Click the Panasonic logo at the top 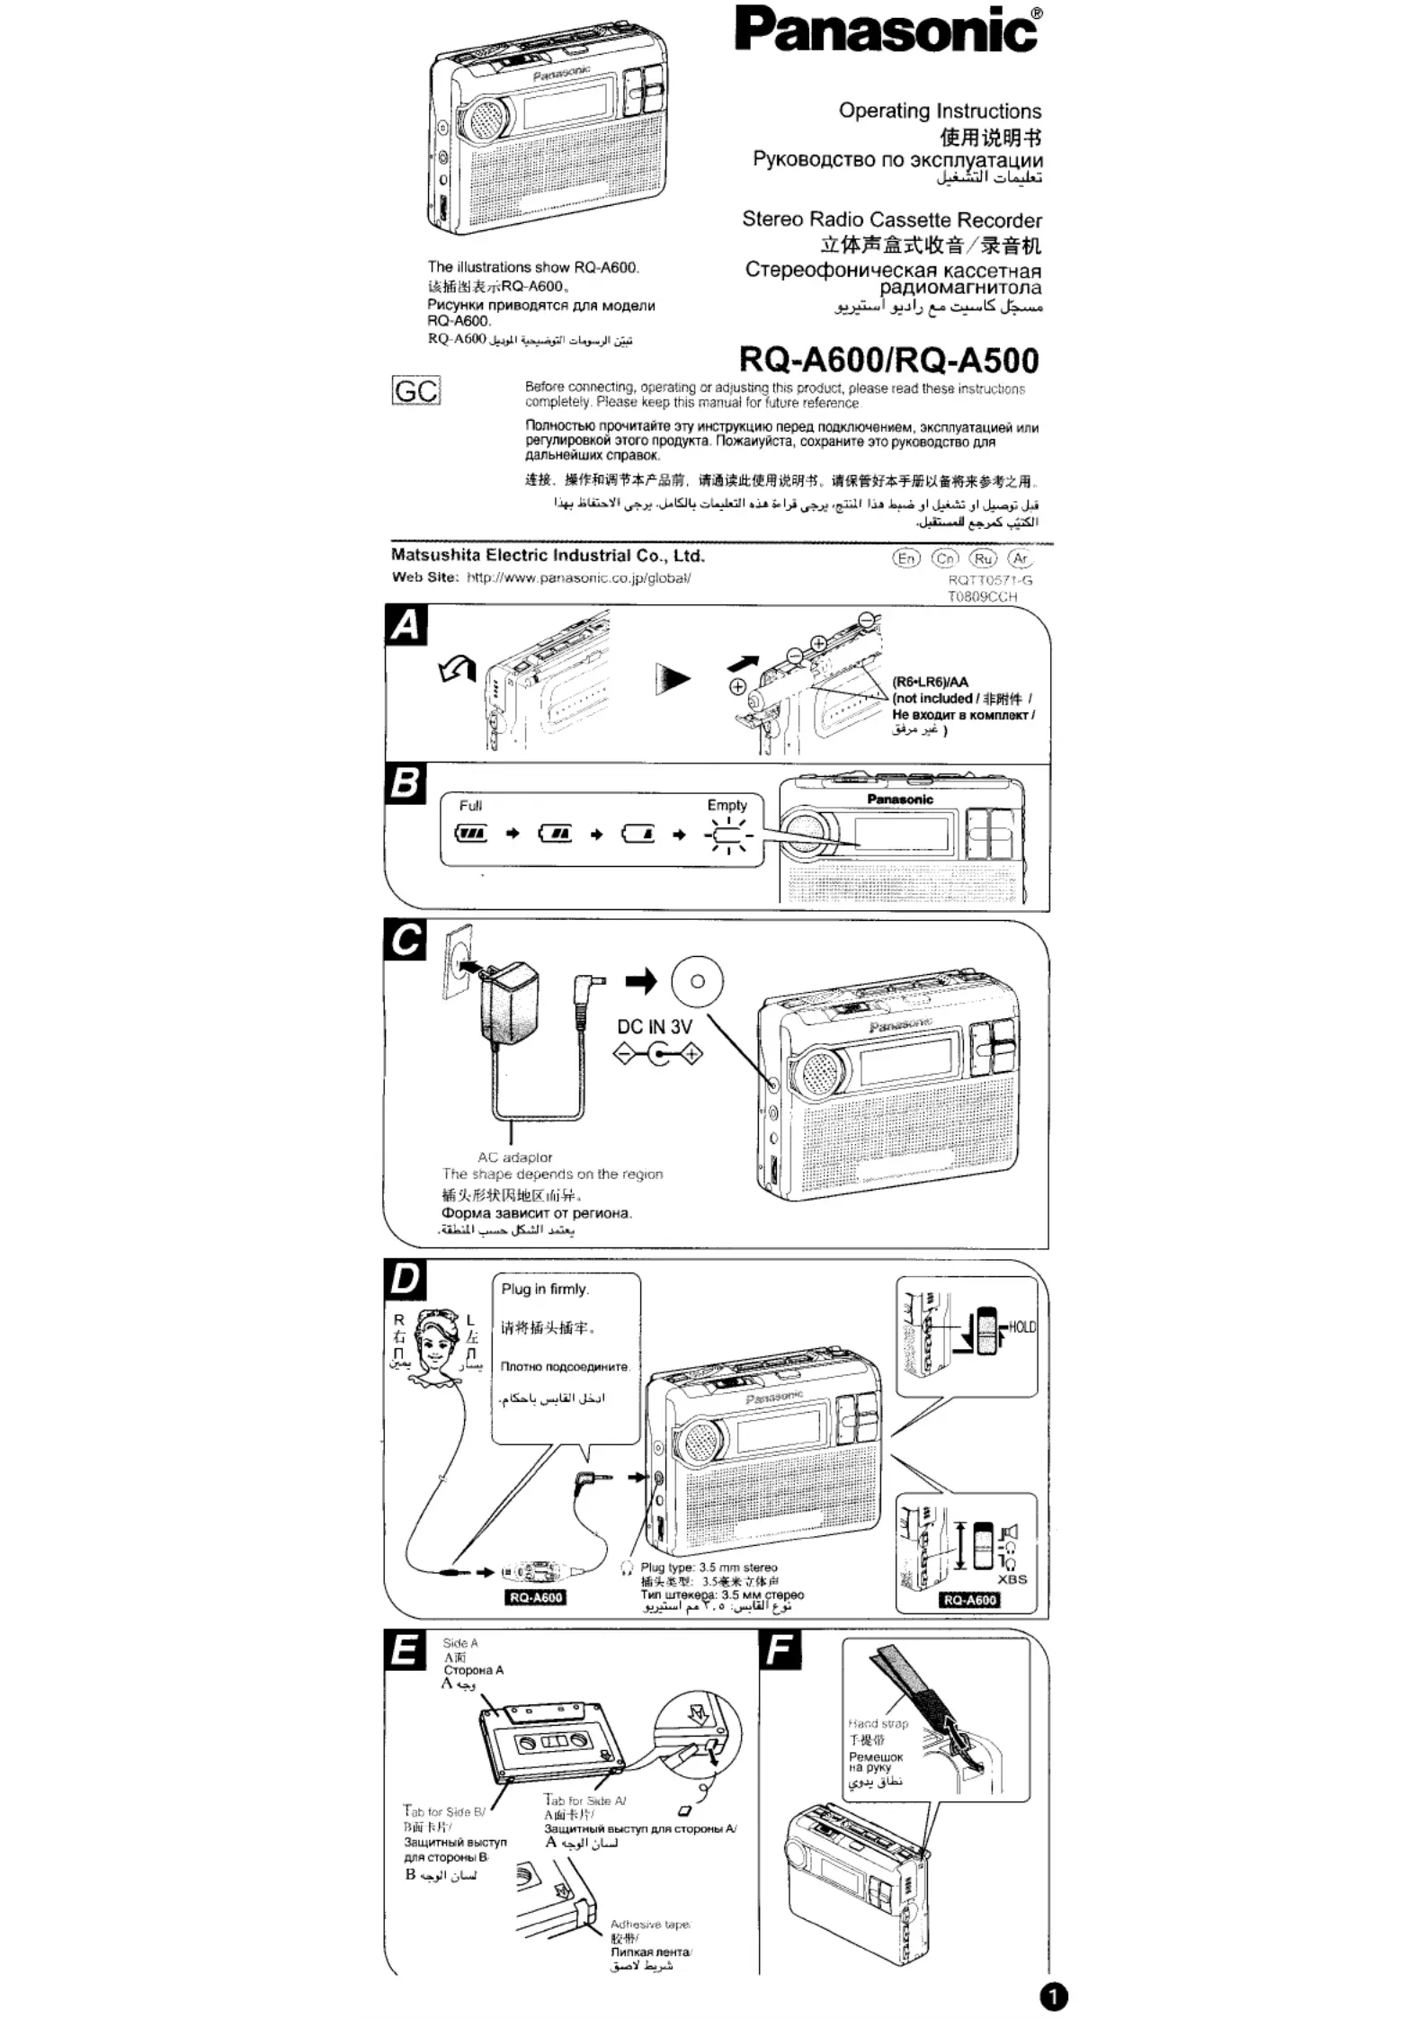888,30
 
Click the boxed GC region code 416,391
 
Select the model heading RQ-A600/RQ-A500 888,360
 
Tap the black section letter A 406,625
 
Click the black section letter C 406,941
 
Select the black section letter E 406,1651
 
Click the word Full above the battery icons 470,806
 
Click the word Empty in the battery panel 727,806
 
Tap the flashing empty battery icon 728,835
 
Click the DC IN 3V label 655,1027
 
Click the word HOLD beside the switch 1022,1327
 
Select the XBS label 1012,1579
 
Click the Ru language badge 983,558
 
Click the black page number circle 1054,1997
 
